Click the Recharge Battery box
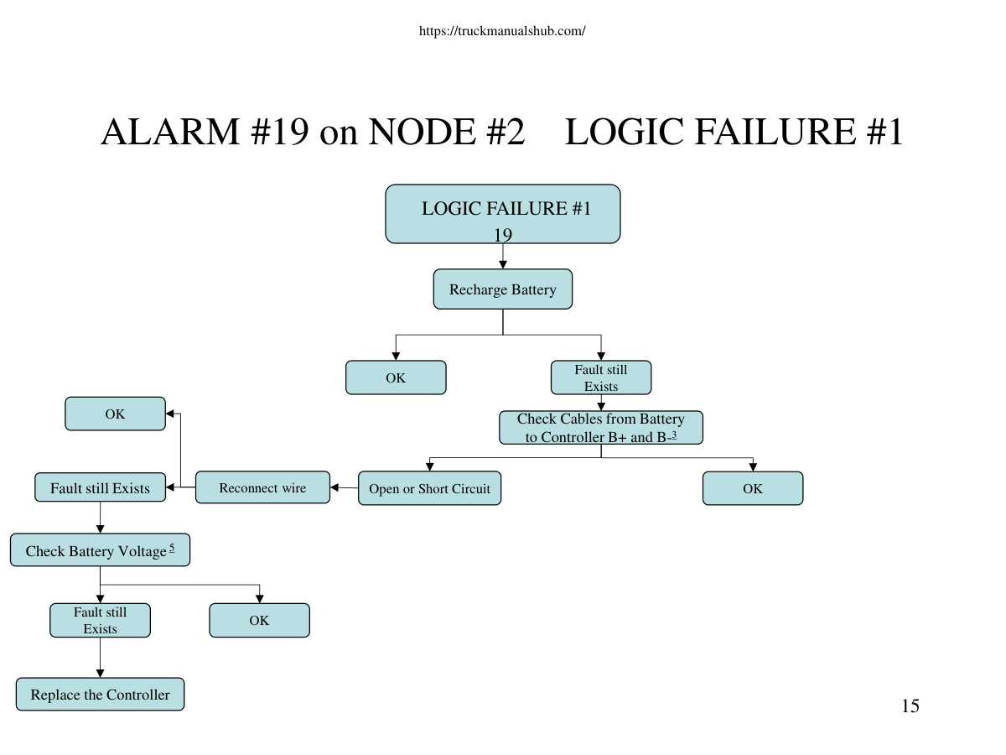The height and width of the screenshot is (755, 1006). [502, 289]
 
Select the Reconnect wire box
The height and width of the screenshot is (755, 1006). [262, 487]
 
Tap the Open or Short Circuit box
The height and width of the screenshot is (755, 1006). [429, 488]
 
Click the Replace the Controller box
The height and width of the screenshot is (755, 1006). [100, 694]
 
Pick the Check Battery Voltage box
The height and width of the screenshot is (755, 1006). [100, 549]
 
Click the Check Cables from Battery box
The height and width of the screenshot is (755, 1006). [601, 427]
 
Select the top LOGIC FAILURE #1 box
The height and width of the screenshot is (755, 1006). [503, 214]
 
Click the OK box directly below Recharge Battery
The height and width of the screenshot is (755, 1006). [396, 377]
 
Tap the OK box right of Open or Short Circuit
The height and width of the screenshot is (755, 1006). [753, 488]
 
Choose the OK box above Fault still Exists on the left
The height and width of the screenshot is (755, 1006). [115, 414]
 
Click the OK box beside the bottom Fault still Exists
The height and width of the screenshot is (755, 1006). [259, 620]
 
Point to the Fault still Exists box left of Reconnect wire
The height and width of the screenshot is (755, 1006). [100, 487]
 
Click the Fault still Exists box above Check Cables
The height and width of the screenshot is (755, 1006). [601, 377]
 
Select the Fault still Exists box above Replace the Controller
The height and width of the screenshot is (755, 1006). [100, 620]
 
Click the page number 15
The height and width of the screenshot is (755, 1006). [910, 706]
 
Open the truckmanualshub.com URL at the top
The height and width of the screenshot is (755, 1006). [502, 31]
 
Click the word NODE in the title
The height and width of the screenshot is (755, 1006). [423, 132]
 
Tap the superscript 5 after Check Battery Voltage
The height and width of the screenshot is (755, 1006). [172, 547]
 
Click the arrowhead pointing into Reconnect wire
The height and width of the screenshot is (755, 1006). [334, 487]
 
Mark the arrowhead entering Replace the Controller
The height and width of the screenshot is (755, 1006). [100, 674]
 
